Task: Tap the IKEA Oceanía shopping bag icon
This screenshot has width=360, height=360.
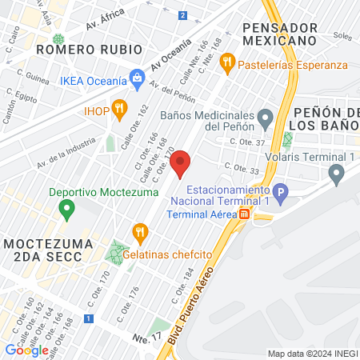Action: [x=137, y=78]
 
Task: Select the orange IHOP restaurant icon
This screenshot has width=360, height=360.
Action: [x=119, y=107]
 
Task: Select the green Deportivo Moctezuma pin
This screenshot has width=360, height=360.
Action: [x=66, y=210]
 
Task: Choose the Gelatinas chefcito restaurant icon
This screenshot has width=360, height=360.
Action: [x=141, y=233]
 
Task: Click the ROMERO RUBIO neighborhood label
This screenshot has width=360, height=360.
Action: [x=78, y=49]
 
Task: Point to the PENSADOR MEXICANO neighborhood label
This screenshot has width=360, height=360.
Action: [x=278, y=33]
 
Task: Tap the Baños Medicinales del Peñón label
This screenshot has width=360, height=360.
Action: [x=212, y=120]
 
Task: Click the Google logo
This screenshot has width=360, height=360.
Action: [x=26, y=350]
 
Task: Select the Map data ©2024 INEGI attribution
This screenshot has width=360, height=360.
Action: [x=312, y=354]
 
